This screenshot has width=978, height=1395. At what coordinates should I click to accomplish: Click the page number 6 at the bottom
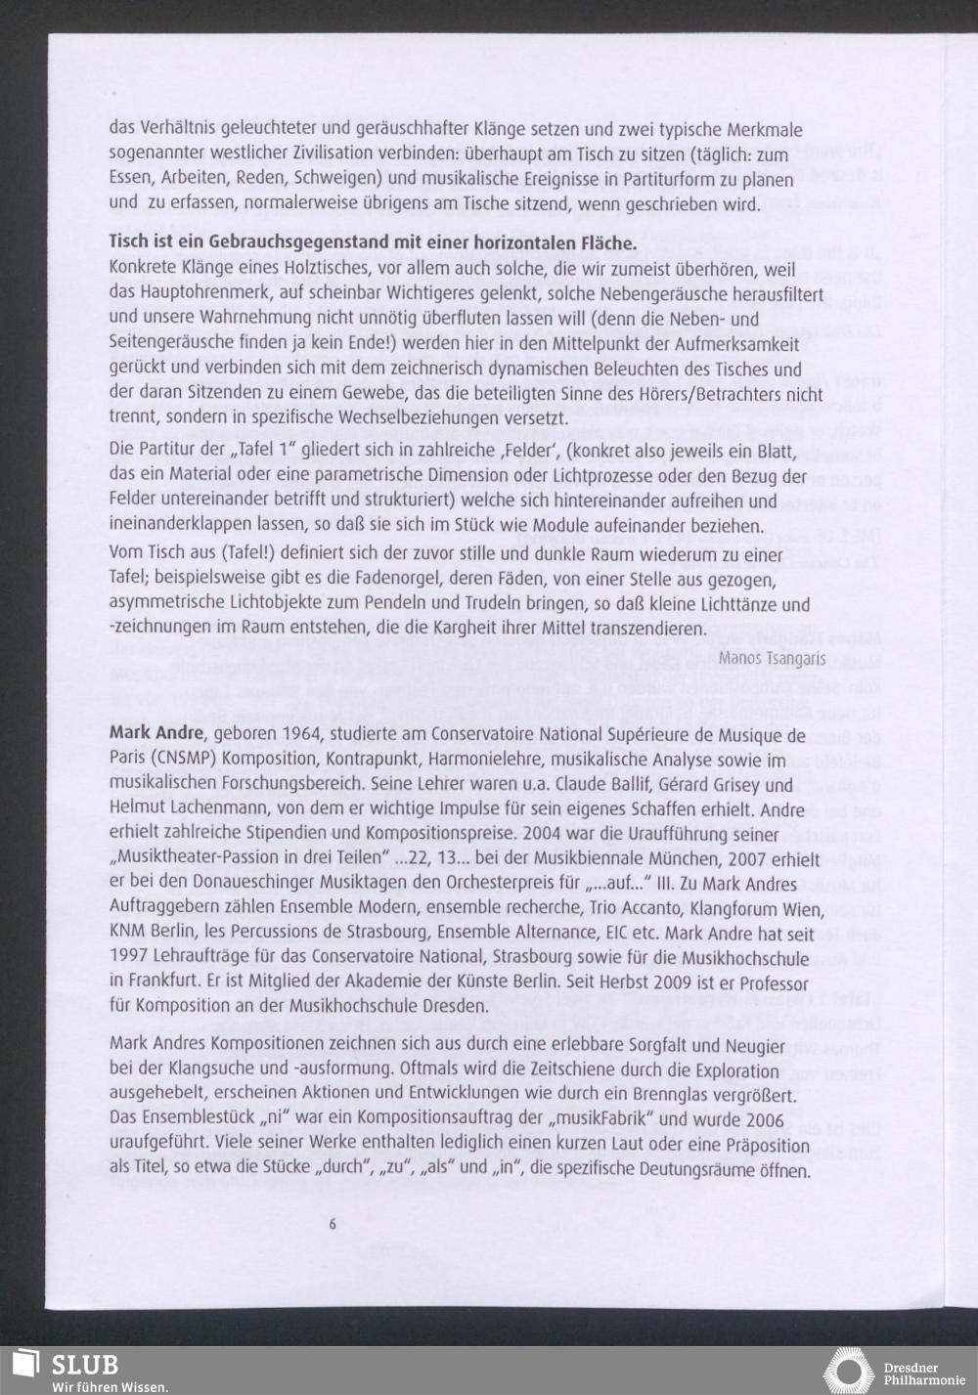coord(333,1224)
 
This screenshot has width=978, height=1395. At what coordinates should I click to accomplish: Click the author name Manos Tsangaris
coord(758,659)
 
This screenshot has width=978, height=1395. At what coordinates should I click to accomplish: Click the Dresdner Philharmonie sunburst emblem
coord(847,1371)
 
